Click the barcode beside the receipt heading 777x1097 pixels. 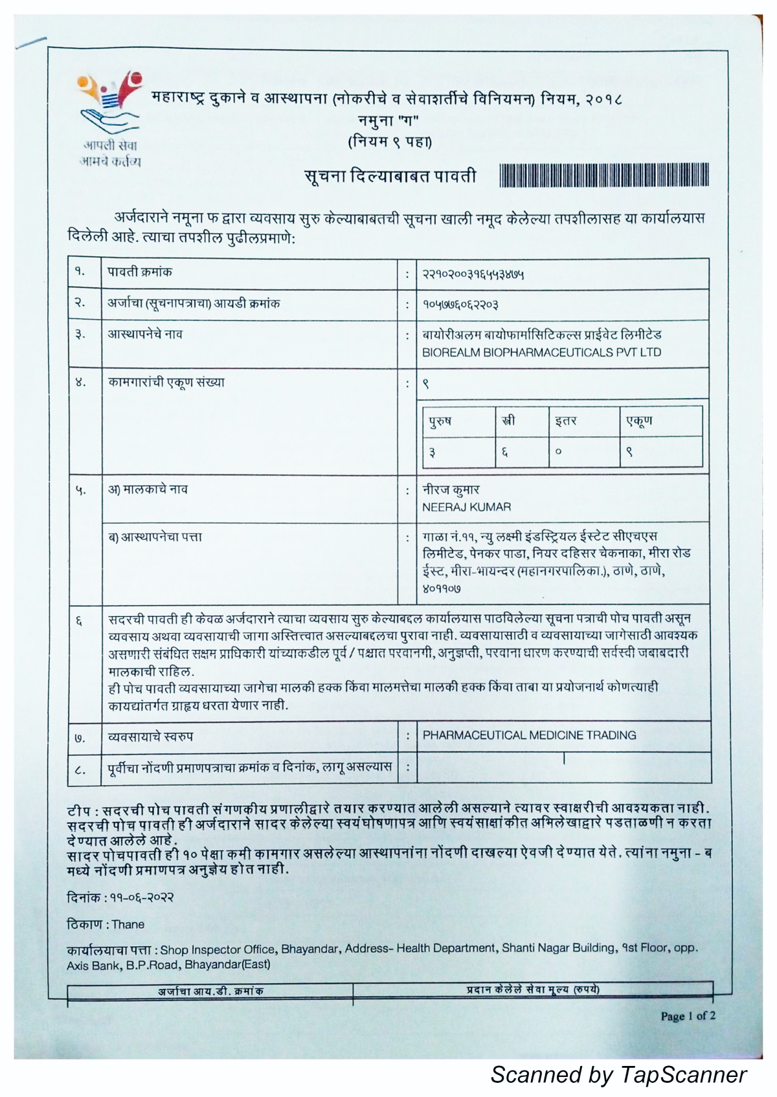coord(603,176)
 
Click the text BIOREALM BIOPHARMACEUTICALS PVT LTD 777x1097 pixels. coord(541,353)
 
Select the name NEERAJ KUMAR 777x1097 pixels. coord(466,507)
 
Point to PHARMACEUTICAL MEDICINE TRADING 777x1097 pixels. coord(529,735)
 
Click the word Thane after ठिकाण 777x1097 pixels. coord(128,924)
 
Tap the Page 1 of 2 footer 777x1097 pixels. coord(688,1016)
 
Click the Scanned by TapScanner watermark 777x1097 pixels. coord(618,1074)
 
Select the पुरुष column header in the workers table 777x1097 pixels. coord(440,421)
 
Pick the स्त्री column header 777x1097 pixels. coord(508,421)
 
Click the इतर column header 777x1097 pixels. coord(565,421)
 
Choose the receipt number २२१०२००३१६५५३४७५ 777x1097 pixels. coord(473,274)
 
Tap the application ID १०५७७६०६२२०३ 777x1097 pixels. coord(460,304)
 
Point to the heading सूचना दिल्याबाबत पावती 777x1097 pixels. coord(390,176)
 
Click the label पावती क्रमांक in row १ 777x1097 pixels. coord(140,272)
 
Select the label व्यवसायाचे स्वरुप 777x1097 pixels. coord(150,737)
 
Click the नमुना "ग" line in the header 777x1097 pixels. coord(388,120)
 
